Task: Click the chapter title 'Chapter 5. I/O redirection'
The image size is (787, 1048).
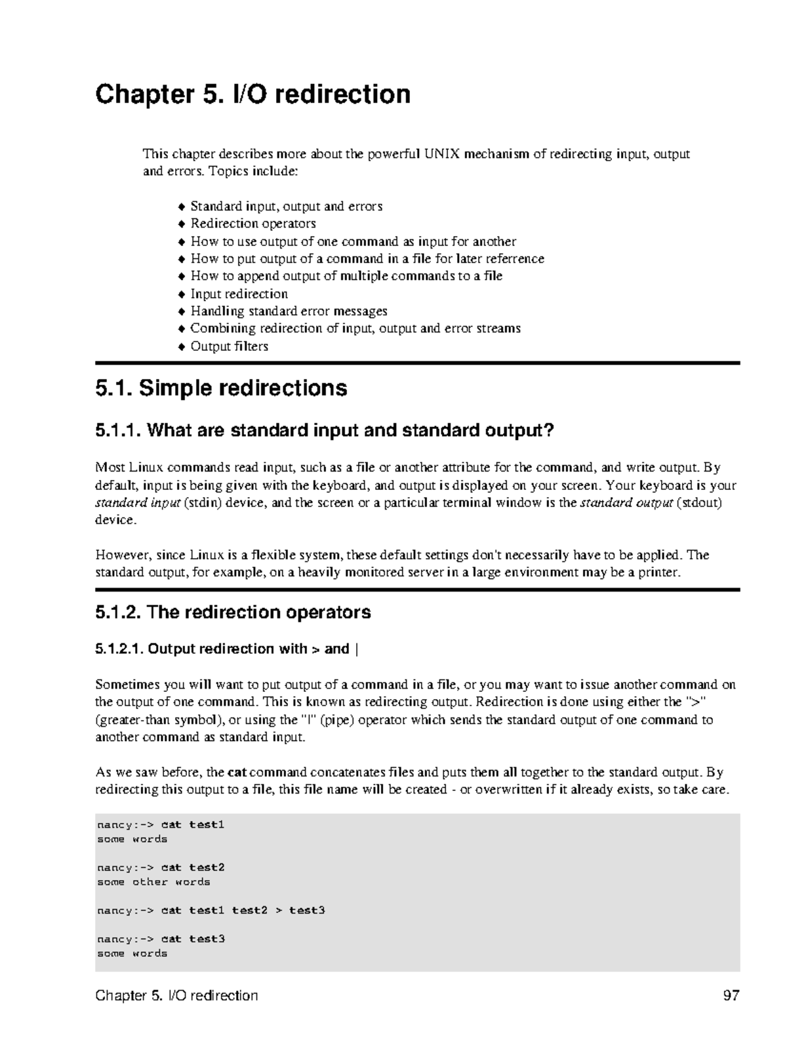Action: [253, 94]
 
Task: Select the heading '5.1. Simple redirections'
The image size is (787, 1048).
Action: [221, 388]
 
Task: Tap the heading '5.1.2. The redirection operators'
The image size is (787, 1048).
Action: [233, 613]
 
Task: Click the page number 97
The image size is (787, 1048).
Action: [731, 996]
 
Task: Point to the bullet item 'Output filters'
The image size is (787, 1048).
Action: [229, 346]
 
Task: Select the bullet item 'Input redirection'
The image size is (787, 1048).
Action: [239, 294]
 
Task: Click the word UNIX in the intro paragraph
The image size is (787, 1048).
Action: [442, 155]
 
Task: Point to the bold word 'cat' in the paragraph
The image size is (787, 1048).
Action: [237, 772]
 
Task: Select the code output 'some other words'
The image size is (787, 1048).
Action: [153, 882]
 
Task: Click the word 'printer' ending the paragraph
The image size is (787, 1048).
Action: [660, 573]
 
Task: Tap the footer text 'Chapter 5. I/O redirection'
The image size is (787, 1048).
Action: [176, 996]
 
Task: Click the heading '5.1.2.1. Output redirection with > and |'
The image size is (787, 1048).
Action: [227, 649]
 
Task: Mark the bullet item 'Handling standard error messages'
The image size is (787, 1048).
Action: [289, 311]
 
